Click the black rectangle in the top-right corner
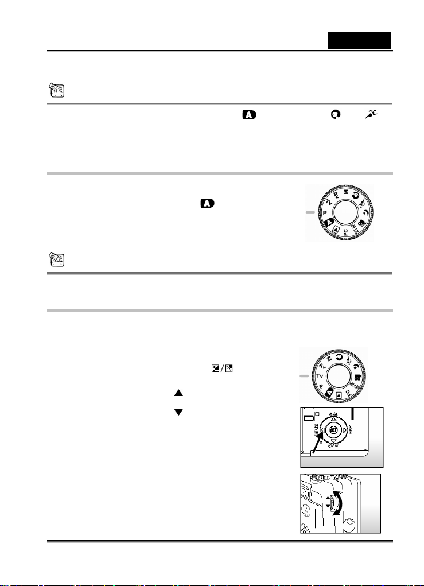[x=359, y=40]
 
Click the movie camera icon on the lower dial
[x=358, y=378]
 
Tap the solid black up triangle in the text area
[x=177, y=394]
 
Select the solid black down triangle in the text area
[x=177, y=412]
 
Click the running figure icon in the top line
[x=377, y=117]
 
